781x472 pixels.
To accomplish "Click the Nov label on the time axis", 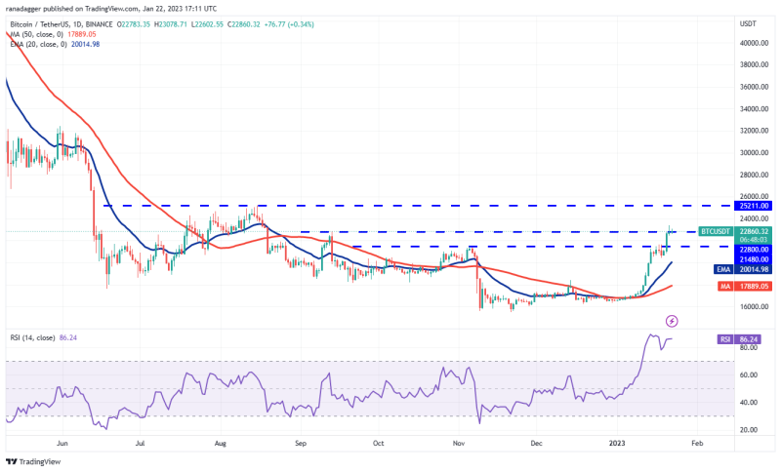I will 459,442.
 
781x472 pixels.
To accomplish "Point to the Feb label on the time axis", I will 696,442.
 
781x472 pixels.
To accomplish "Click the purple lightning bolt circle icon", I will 671,321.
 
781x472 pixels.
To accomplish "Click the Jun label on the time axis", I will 62,442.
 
